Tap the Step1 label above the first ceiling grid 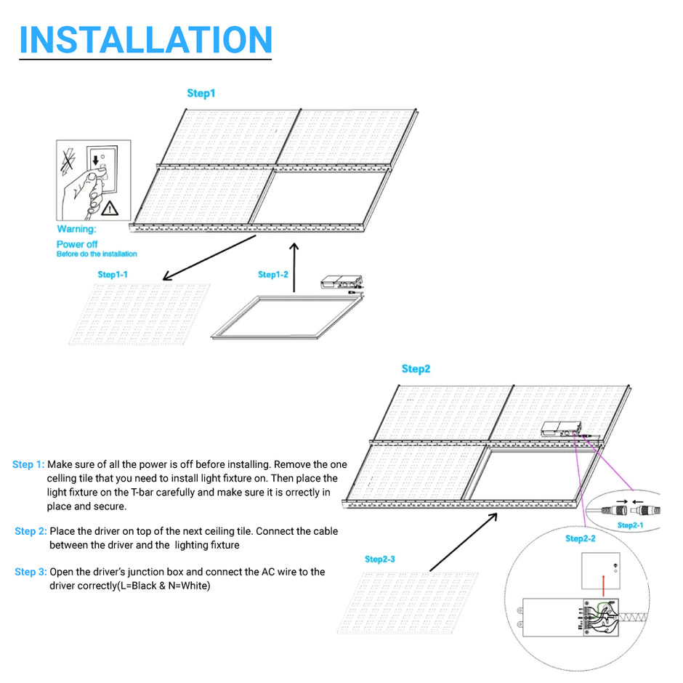201,93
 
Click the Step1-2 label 273,275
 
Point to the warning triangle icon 110,209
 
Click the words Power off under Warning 77,244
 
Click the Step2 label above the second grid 416,369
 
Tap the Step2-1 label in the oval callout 630,525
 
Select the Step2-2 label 581,538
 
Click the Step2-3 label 380,559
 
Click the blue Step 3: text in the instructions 30,572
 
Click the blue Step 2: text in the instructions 30,531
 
